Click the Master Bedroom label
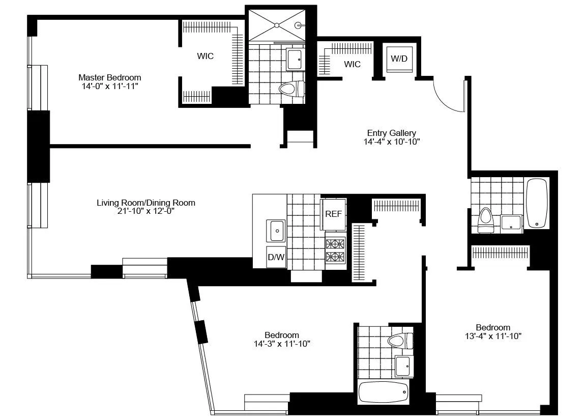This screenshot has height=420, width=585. (109, 77)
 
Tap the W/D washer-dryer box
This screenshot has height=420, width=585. (399, 59)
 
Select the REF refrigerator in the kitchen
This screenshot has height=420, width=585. (334, 214)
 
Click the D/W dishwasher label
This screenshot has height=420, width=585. (276, 257)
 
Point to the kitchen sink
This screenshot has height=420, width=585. (277, 231)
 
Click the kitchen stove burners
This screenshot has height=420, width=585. (335, 250)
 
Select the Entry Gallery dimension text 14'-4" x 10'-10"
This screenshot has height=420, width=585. (388, 142)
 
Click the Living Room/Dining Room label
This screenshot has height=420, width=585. (146, 203)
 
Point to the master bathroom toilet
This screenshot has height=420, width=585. (290, 90)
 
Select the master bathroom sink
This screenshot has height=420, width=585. (295, 59)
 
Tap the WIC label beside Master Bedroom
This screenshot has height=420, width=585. (206, 56)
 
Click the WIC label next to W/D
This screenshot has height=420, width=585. (352, 64)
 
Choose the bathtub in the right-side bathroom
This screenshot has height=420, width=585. (537, 203)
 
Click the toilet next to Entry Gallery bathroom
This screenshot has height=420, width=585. (486, 220)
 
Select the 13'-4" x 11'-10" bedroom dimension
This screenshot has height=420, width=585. (493, 335)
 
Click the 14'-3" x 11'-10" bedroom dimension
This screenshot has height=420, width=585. (281, 344)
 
